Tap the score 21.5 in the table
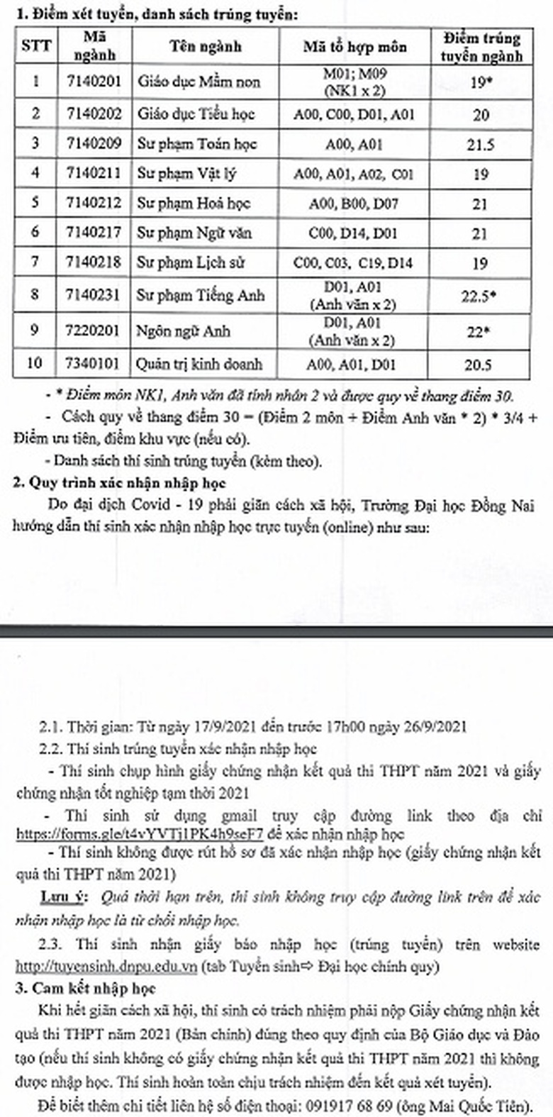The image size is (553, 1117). [480, 144]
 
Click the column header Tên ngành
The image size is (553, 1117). [205, 47]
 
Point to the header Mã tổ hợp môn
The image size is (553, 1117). [354, 47]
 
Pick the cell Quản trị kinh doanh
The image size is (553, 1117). [199, 364]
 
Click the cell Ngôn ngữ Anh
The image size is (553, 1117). [183, 331]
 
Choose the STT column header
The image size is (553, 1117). [36, 47]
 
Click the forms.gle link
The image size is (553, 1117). [140, 835]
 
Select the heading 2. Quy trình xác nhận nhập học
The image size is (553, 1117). [119, 483]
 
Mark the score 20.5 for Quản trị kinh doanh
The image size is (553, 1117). [480, 364]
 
